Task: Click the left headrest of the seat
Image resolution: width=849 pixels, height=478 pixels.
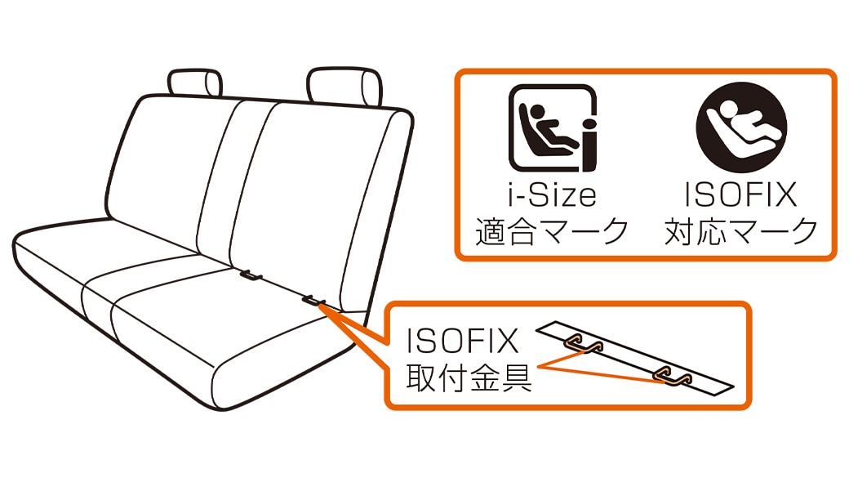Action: tap(194, 83)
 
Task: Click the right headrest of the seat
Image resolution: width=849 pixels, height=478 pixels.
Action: tap(344, 86)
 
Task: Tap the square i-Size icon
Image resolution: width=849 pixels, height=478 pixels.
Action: tap(553, 128)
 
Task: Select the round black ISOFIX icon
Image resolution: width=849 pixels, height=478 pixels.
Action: tap(741, 127)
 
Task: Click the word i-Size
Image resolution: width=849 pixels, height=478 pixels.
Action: tap(552, 195)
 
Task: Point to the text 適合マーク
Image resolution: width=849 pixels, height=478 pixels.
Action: tap(552, 232)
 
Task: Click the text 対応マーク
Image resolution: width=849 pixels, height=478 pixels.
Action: tap(741, 232)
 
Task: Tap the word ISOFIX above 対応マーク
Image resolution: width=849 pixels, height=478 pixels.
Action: tap(740, 195)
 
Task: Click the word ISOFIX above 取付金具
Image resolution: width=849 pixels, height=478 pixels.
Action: tap(462, 341)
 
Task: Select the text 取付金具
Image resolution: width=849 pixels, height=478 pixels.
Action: tap(469, 377)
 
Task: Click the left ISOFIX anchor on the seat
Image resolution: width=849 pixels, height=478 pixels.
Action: tap(251, 275)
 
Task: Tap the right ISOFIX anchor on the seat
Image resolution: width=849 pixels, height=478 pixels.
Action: tap(314, 300)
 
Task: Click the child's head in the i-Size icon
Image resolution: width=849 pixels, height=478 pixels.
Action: tap(537, 112)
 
